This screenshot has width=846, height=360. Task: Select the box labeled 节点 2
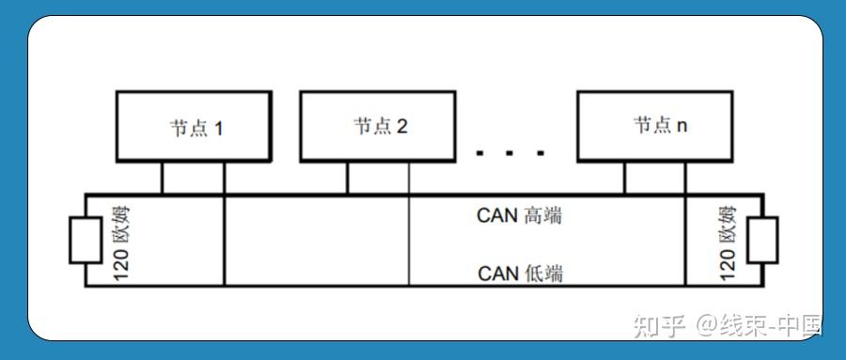pyautogui.click(x=379, y=126)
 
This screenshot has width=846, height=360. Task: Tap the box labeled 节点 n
pyautogui.click(x=655, y=125)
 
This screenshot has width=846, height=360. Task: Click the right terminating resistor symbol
pyautogui.click(x=763, y=240)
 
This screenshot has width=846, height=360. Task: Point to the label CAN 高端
pyautogui.click(x=519, y=215)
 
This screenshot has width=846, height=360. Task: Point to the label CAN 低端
pyautogui.click(x=520, y=274)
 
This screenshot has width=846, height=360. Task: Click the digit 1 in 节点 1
pyautogui.click(x=218, y=127)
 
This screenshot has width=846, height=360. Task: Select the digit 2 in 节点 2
pyautogui.click(x=401, y=127)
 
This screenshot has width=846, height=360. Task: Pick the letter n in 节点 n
pyautogui.click(x=681, y=126)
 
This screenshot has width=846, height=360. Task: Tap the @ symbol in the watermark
pyautogui.click(x=707, y=326)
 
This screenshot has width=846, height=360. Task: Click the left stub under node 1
pyautogui.click(x=162, y=178)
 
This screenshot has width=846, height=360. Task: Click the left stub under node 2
pyautogui.click(x=347, y=178)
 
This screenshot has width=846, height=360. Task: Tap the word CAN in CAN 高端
pyautogui.click(x=497, y=215)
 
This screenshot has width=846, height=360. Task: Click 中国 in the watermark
pyautogui.click(x=800, y=326)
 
